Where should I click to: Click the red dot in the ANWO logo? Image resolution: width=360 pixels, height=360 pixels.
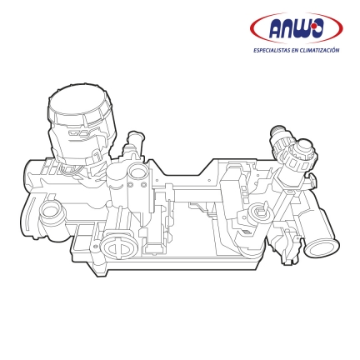click(314, 27)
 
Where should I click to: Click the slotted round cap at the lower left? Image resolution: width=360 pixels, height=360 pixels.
click(119, 247)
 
